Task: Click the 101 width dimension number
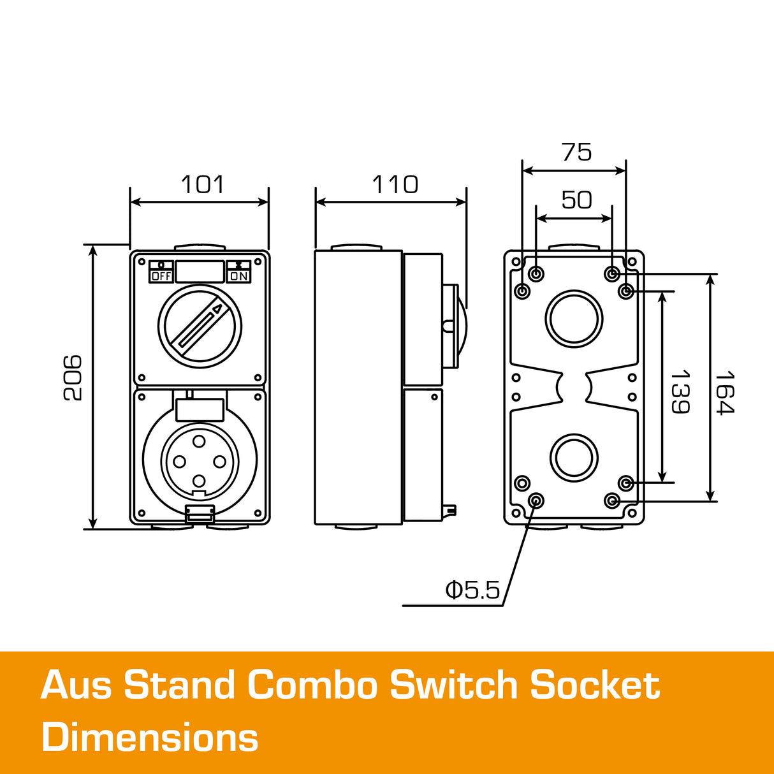click(x=203, y=185)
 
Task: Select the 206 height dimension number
click(x=73, y=377)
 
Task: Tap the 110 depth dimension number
click(x=395, y=185)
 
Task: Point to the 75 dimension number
click(x=576, y=152)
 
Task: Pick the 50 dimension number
click(x=576, y=200)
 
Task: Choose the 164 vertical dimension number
click(x=725, y=392)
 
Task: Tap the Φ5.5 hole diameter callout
click(x=472, y=590)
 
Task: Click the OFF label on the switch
click(x=161, y=276)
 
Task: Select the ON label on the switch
click(x=239, y=276)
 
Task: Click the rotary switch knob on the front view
click(x=200, y=326)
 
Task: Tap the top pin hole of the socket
click(x=199, y=441)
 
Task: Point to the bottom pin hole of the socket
click(x=199, y=481)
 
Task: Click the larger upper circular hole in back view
click(x=574, y=319)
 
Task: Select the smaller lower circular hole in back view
click(x=574, y=458)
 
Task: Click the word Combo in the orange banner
click(x=310, y=685)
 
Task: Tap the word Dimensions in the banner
click(x=150, y=738)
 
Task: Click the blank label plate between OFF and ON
click(x=200, y=272)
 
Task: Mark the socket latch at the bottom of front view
click(x=199, y=513)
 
